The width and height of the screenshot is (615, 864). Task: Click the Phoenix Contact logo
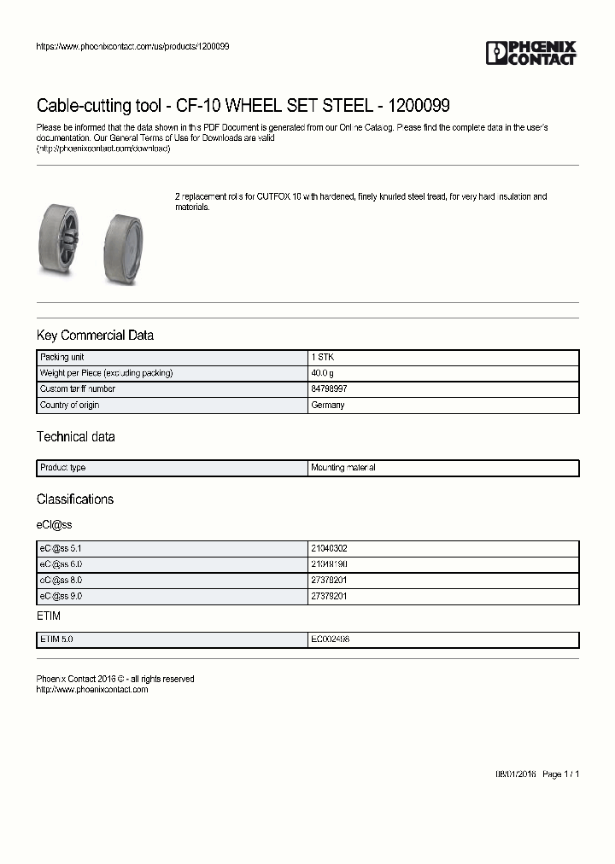530,53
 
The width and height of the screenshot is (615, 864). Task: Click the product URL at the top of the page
132,46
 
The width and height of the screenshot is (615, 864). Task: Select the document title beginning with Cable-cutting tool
243,106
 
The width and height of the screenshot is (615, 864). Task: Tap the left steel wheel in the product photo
62,239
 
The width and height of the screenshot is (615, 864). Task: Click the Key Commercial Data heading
95,336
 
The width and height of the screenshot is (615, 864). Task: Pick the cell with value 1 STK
323,358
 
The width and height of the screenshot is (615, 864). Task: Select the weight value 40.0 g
323,373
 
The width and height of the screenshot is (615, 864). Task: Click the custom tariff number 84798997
329,389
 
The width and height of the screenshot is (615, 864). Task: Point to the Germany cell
328,405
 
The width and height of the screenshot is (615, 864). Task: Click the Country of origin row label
70,405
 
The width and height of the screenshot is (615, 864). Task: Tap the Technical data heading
75,437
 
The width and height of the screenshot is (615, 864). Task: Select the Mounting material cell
343,468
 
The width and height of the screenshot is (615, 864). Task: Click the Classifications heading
74,499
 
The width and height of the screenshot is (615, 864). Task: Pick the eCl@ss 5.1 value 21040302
329,549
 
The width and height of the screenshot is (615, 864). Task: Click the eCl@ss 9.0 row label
61,596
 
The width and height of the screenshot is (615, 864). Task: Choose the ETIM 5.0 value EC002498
330,639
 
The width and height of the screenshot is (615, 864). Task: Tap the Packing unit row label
61,358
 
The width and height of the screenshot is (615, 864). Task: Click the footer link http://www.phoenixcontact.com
92,690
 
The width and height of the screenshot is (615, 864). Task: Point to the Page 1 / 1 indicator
561,774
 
